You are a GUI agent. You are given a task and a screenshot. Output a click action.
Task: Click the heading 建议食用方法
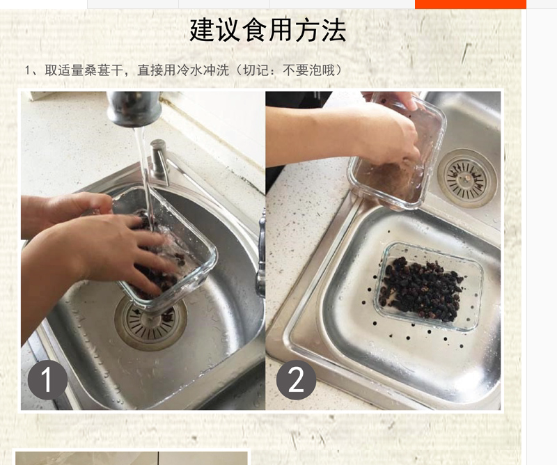click(267, 30)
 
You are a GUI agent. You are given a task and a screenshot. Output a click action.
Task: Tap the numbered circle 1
click(47, 379)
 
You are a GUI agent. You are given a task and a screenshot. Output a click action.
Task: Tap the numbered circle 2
click(296, 379)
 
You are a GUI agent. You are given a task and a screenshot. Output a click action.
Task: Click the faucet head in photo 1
click(133, 109)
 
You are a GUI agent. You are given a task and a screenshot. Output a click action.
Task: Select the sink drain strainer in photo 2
click(466, 177)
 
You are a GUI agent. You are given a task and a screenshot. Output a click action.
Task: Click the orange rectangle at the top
click(471, 4)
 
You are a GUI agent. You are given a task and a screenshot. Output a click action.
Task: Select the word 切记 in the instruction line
click(254, 70)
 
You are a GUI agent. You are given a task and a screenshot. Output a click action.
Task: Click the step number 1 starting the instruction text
click(28, 71)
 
